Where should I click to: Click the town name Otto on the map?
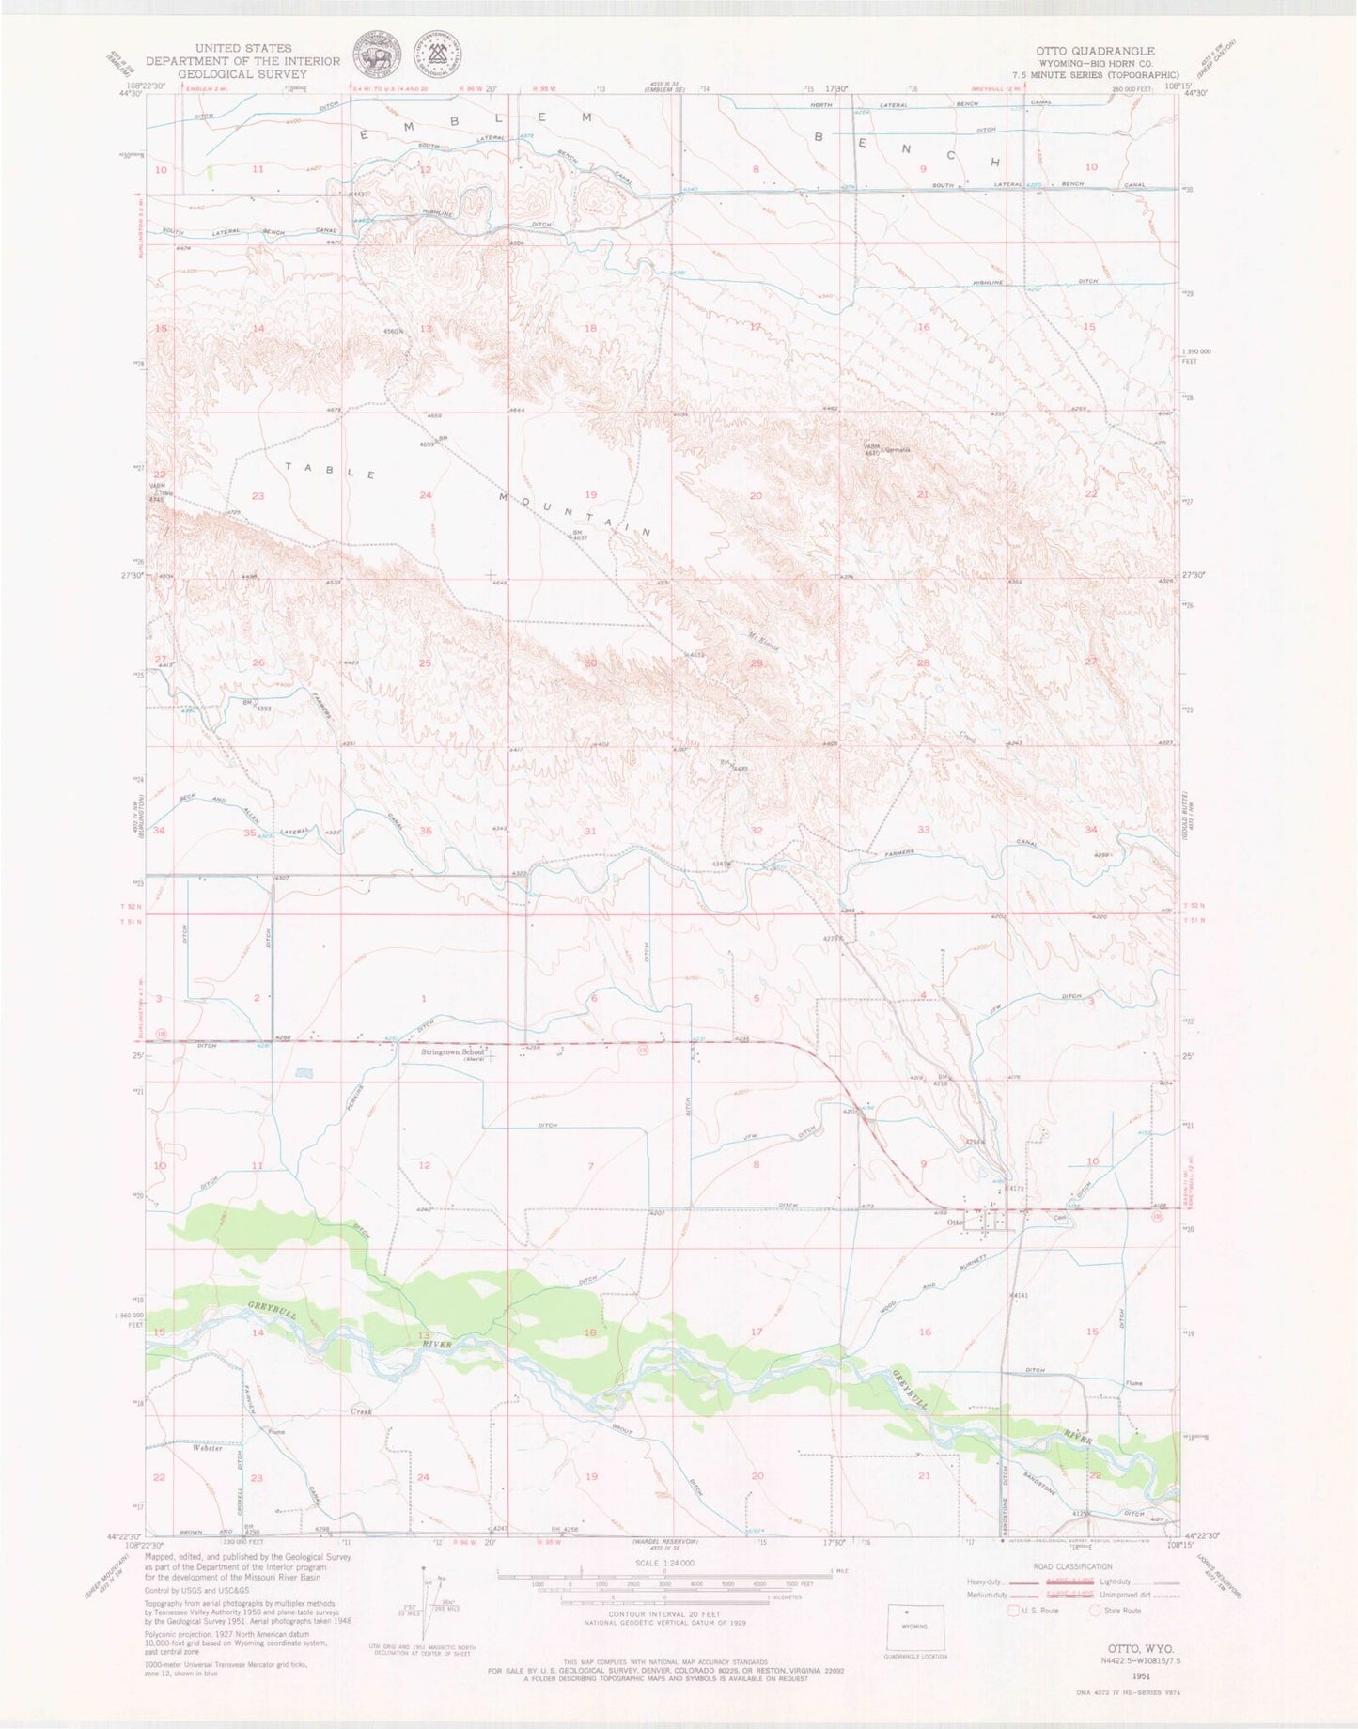(957, 1222)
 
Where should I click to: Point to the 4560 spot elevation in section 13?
(392, 332)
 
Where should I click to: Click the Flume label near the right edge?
(1135, 1383)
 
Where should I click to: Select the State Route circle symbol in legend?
(1096, 1610)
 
